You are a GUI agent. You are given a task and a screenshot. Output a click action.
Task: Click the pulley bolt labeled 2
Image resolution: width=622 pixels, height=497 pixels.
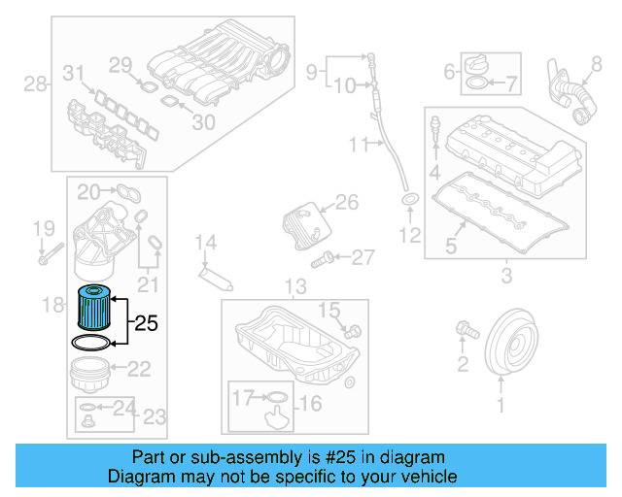point(465,332)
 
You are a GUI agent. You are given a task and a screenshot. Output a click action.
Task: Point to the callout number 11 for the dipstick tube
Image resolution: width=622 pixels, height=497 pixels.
point(357,146)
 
